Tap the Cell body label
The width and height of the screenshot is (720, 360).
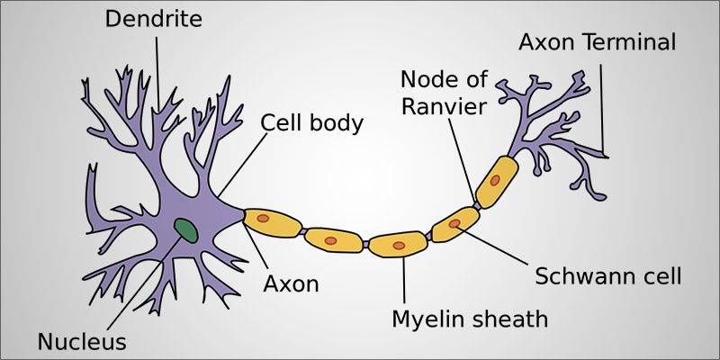tap(312, 122)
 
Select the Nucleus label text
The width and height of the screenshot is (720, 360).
tap(82, 341)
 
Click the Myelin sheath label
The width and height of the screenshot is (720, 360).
tap(469, 319)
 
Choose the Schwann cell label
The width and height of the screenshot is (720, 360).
tap(608, 275)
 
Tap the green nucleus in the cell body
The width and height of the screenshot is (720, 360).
tap(187, 229)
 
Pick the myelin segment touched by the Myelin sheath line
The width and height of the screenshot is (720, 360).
tap(399, 244)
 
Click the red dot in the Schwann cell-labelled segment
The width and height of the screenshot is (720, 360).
tap(455, 223)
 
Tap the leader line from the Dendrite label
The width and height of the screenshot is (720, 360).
tap(158, 72)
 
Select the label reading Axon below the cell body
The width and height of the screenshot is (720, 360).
tap(291, 283)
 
